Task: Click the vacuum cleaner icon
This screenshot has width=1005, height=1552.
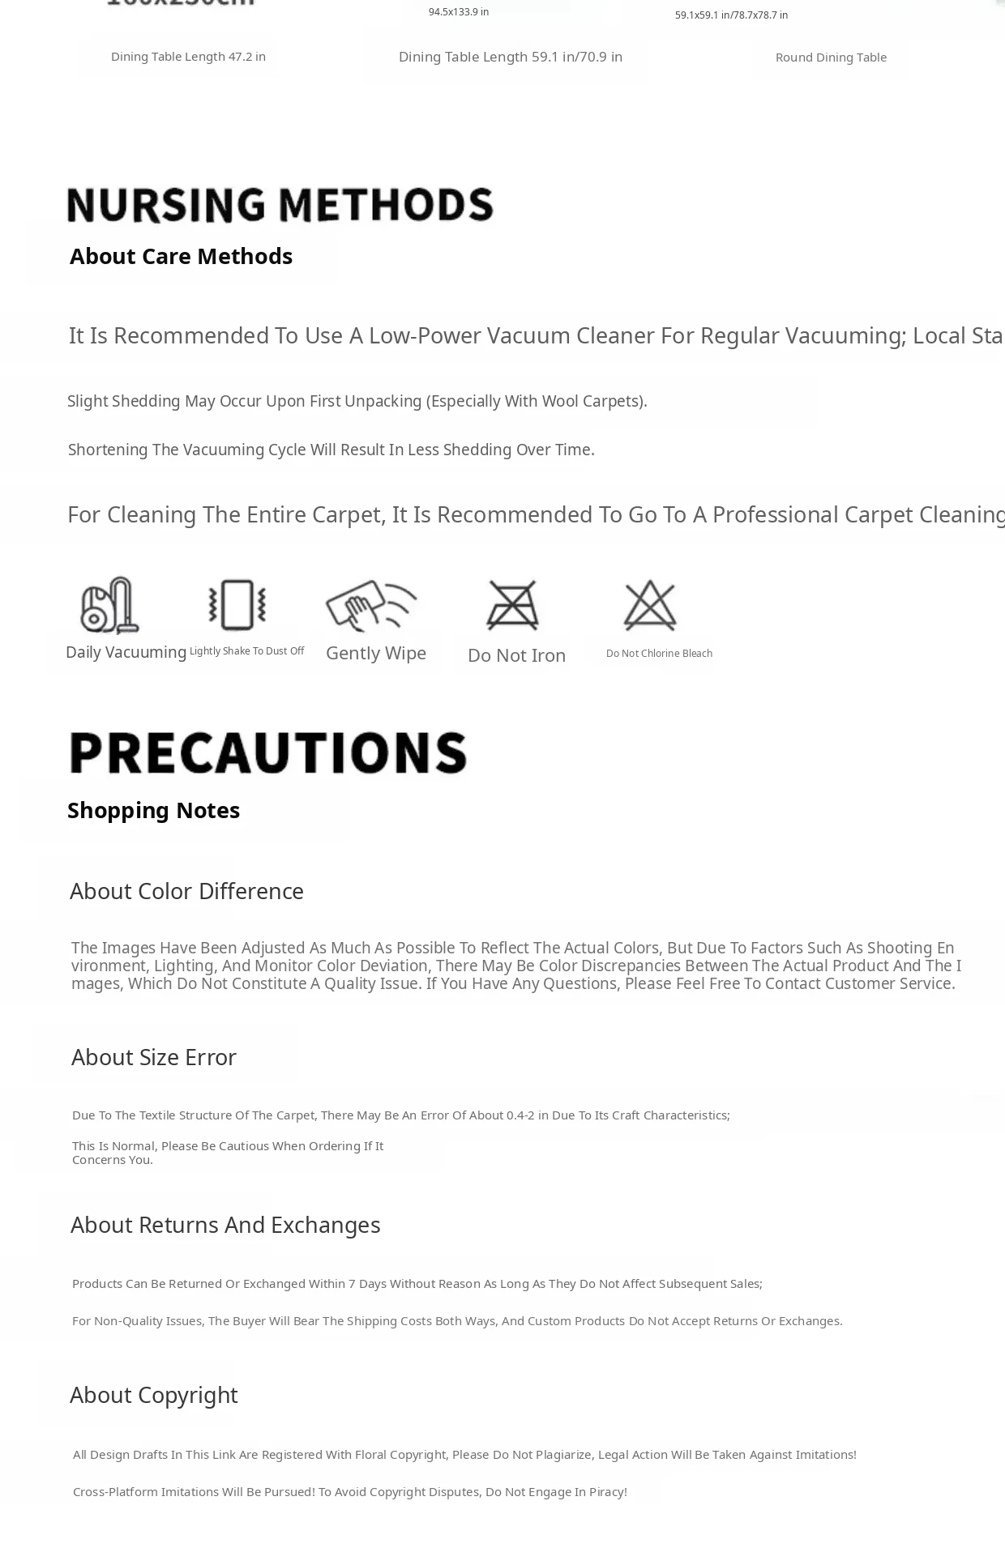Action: (x=109, y=605)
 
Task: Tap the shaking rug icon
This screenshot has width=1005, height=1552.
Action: (x=237, y=604)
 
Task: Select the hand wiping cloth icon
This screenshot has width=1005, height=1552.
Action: (x=371, y=605)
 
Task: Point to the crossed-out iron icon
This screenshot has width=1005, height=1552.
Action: (x=512, y=605)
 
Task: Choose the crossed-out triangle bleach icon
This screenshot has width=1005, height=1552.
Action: (x=650, y=605)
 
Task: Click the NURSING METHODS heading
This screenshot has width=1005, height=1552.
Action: (x=280, y=205)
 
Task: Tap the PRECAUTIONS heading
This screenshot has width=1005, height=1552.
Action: (x=268, y=753)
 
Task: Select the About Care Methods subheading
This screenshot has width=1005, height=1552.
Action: (x=181, y=256)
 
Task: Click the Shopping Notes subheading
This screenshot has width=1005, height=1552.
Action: (x=153, y=810)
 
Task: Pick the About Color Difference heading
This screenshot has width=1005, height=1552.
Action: (x=186, y=891)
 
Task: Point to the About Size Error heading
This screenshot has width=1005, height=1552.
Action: (x=153, y=1057)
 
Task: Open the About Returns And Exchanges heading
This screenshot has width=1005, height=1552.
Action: (x=225, y=1225)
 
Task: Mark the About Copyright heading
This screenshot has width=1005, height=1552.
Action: (x=153, y=1395)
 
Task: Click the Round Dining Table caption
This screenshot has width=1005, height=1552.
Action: (x=831, y=58)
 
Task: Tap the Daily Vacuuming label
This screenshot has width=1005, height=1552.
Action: (x=126, y=652)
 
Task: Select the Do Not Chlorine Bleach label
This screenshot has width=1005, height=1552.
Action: (x=659, y=654)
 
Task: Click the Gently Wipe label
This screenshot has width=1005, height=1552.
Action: (x=376, y=653)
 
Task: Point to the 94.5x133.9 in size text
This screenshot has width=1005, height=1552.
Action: (x=459, y=12)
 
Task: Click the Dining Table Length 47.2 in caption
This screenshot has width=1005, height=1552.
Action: (x=188, y=57)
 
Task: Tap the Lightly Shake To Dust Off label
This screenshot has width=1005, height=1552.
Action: (x=246, y=651)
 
